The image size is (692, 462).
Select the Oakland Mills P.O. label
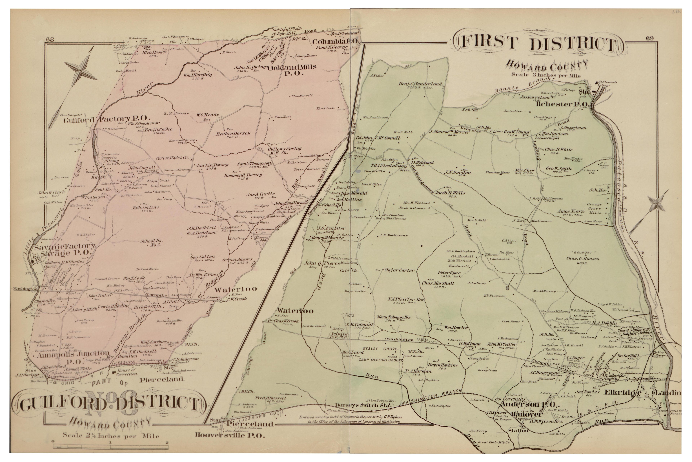tap(292, 70)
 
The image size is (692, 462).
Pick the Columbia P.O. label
tap(336, 41)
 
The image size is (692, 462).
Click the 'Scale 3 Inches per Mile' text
tap(546, 75)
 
